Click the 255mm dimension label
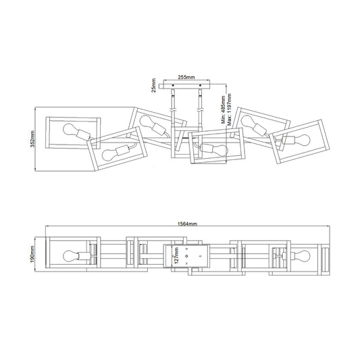(186, 78)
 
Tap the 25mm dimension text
(153, 85)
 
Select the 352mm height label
(32, 139)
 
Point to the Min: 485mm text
(224, 109)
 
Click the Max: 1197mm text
(229, 109)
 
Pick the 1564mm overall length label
(187, 224)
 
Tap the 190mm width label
(32, 254)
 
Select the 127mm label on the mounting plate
(176, 255)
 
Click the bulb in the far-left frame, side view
(70, 130)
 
